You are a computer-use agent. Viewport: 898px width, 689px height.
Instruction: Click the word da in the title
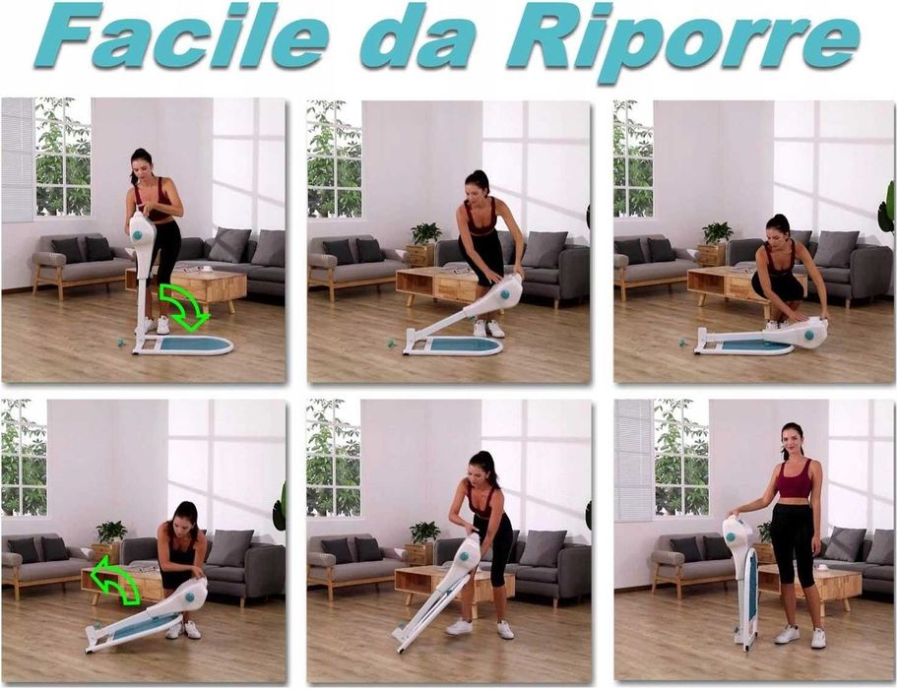click(x=417, y=35)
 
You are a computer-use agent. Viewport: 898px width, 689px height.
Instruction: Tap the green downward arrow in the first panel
click(x=183, y=307)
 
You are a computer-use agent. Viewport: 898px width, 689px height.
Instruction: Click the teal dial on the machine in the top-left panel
click(x=138, y=235)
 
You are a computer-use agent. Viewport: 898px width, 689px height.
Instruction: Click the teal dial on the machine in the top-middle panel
click(x=504, y=294)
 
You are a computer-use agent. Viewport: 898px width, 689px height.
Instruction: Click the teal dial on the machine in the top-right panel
click(x=809, y=336)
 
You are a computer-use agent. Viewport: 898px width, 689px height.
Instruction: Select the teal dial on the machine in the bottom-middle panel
click(x=464, y=556)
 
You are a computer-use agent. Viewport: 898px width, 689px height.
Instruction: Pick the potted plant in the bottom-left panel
click(x=111, y=532)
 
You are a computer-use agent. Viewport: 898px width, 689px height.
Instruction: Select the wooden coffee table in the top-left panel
click(x=198, y=286)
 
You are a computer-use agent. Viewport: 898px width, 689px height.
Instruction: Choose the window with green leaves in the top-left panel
click(x=63, y=157)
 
